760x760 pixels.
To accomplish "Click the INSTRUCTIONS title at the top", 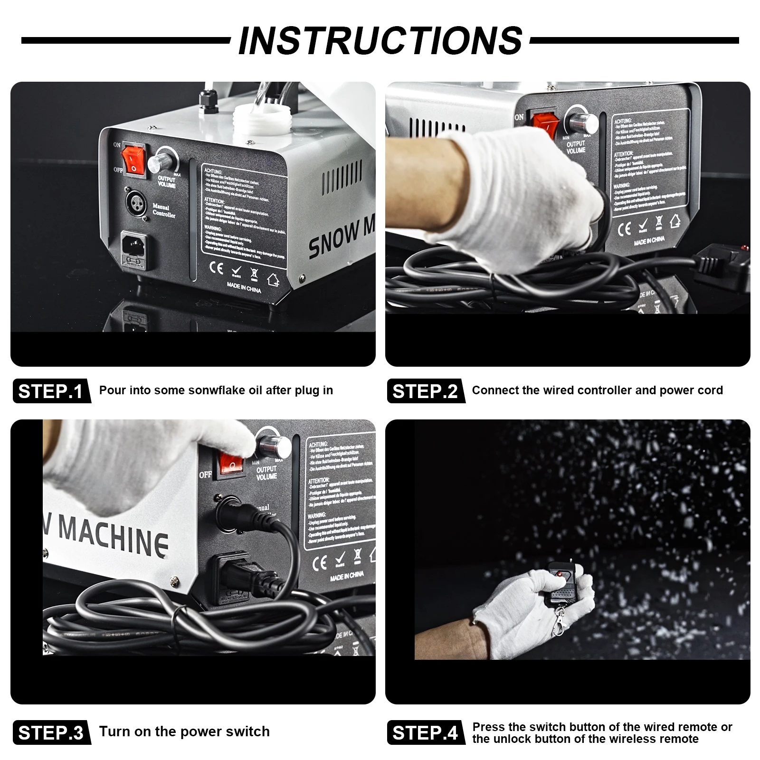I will coord(380,40).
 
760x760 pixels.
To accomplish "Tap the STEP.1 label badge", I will coord(51,391).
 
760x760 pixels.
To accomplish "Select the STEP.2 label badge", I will coord(425,391).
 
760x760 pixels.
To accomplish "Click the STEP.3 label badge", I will coord(51,732).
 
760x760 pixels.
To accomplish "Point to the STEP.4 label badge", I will coord(425,732).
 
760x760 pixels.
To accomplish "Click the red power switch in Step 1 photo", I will coord(133,161).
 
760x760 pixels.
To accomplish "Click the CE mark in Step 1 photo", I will coord(216,268).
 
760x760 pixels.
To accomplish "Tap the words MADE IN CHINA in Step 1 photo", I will coord(244,288).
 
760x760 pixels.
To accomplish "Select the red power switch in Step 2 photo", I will coord(545,123).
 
